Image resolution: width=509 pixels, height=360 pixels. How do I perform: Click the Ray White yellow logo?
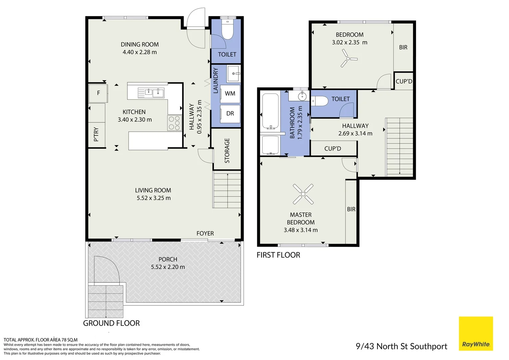(x=476, y=333)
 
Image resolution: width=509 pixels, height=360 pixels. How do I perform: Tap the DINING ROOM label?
(x=140, y=44)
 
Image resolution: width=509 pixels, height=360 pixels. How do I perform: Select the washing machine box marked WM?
(x=230, y=93)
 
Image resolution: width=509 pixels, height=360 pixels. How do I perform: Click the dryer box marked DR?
(x=230, y=113)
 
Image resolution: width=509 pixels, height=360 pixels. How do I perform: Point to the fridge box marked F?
(x=98, y=93)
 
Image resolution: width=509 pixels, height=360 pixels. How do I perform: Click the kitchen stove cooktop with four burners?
(x=175, y=123)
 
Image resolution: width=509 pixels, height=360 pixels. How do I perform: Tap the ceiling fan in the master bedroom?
(x=303, y=194)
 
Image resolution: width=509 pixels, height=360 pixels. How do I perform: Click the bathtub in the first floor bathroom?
(x=270, y=111)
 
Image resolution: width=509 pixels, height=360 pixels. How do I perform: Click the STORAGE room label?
(x=227, y=151)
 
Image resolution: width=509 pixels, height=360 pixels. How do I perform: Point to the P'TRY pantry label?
(x=96, y=134)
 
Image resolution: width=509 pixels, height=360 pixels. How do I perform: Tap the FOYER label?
(x=205, y=233)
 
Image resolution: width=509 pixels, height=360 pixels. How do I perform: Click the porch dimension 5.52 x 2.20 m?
(x=168, y=267)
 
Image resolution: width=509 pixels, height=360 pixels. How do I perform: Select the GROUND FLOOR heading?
(x=111, y=323)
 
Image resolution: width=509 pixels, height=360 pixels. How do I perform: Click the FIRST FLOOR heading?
(x=278, y=255)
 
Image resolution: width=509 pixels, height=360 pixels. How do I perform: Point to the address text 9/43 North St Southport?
(x=401, y=346)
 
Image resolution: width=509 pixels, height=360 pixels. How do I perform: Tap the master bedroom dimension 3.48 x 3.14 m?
(x=300, y=230)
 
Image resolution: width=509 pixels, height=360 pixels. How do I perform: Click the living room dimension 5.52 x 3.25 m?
(x=154, y=198)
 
